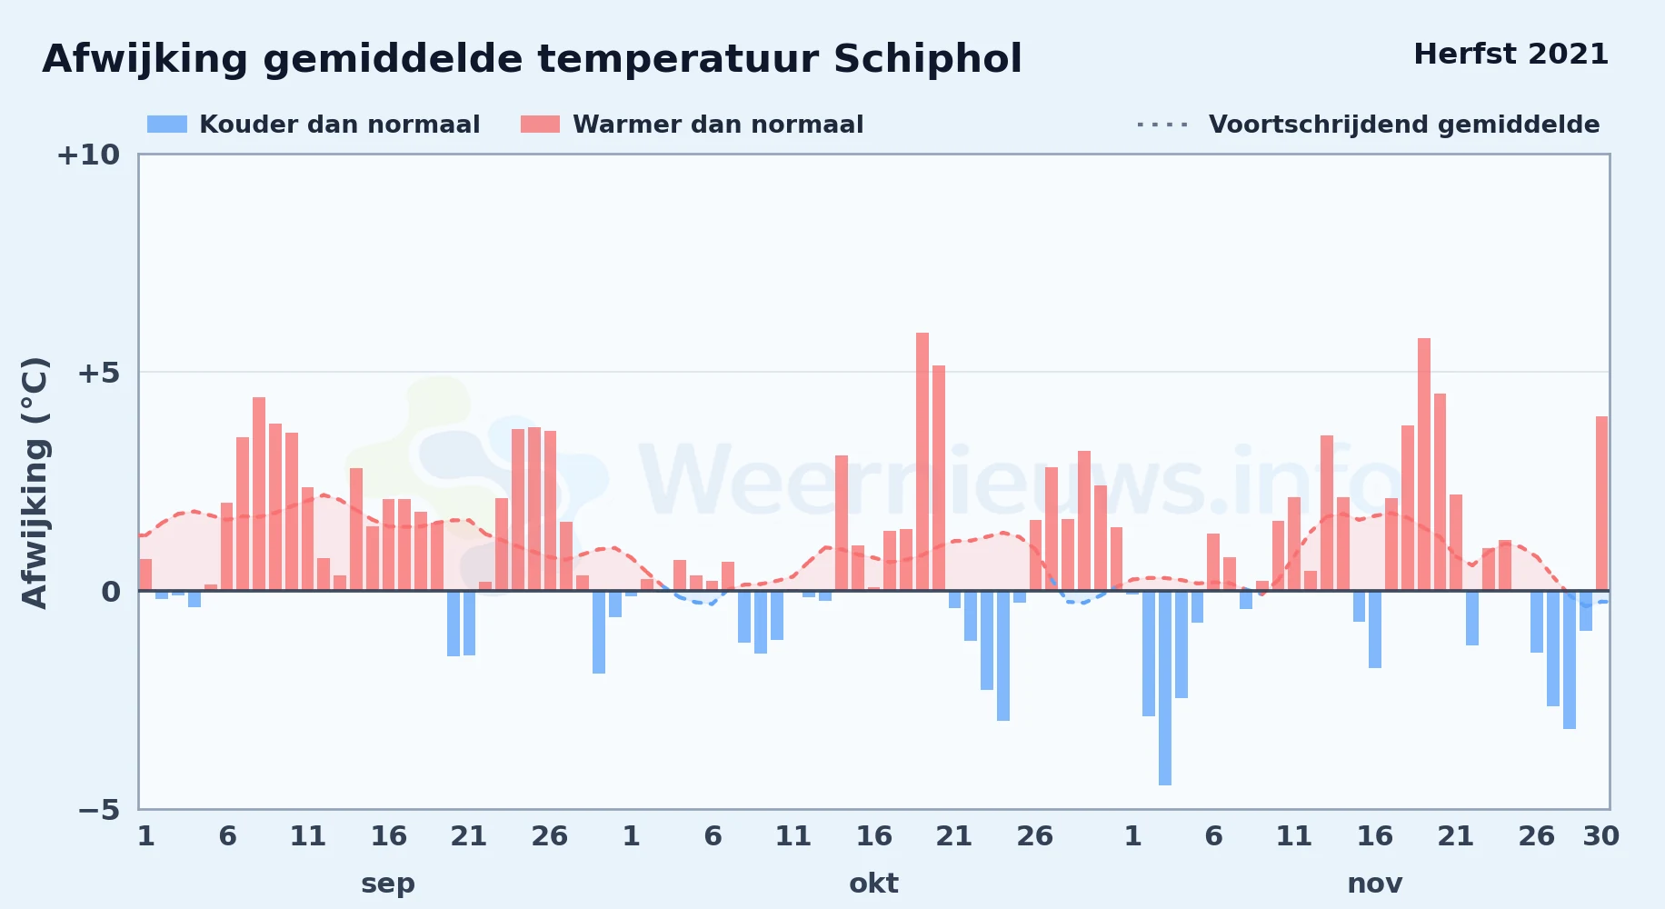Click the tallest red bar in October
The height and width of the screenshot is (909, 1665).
[922, 462]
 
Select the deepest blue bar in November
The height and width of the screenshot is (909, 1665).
[1165, 688]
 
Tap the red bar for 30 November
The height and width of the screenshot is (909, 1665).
[1601, 504]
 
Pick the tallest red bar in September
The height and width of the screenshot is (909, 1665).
[259, 494]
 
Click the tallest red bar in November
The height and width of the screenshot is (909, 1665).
[1424, 464]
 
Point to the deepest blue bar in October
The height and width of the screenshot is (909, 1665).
[1003, 655]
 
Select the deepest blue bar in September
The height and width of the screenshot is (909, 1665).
[599, 632]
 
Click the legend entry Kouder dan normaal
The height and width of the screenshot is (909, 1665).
[314, 125]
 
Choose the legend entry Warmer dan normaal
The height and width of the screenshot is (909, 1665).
[692, 125]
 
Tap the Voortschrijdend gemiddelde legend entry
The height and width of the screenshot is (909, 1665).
[1368, 125]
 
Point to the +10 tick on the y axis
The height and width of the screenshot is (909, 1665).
[88, 155]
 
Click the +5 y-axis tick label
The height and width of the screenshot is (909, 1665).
[99, 373]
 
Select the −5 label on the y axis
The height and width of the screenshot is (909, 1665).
[99, 810]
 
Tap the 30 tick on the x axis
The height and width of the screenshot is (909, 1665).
[1601, 836]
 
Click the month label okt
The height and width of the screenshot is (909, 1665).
[873, 884]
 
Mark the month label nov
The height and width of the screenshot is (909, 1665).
[1375, 884]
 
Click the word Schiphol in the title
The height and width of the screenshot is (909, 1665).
[927, 60]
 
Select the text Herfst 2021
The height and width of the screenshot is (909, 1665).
[1511, 55]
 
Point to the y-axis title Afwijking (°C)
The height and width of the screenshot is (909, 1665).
[35, 483]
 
